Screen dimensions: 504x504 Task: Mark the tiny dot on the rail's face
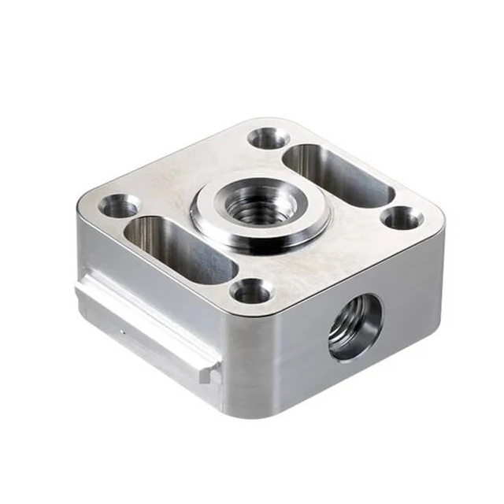coord(122,333)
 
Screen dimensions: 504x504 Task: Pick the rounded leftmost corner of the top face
coord(81,206)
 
